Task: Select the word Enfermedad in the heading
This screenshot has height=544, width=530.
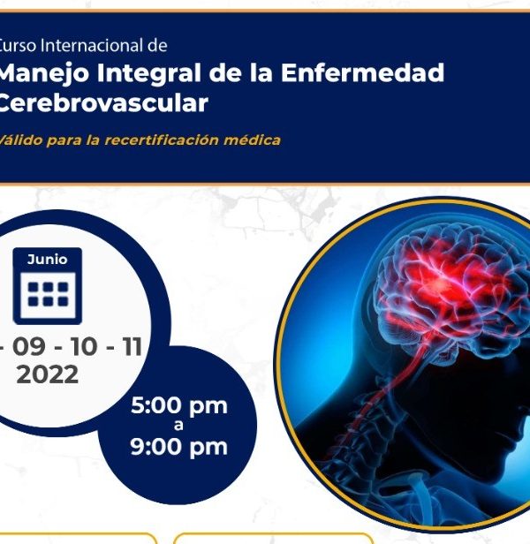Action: pyautogui.click(x=362, y=72)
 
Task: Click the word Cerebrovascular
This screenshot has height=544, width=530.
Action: pyautogui.click(x=102, y=102)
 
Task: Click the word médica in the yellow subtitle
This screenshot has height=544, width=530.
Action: pyautogui.click(x=252, y=140)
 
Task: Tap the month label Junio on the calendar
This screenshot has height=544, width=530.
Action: pyautogui.click(x=47, y=260)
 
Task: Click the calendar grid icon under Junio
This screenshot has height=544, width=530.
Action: pyautogui.click(x=48, y=295)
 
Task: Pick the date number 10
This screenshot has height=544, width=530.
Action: pyautogui.click(x=83, y=346)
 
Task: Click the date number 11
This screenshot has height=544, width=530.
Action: pyautogui.click(x=132, y=346)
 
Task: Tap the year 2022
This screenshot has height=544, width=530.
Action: pyautogui.click(x=47, y=374)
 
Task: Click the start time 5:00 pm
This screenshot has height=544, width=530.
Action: pyautogui.click(x=179, y=406)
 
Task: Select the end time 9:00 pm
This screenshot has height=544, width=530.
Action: pyautogui.click(x=179, y=447)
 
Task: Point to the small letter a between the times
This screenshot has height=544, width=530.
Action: pyautogui.click(x=178, y=426)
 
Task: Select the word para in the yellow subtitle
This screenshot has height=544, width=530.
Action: pyautogui.click(x=62, y=141)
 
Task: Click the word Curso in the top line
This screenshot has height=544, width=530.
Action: pyautogui.click(x=18, y=46)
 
